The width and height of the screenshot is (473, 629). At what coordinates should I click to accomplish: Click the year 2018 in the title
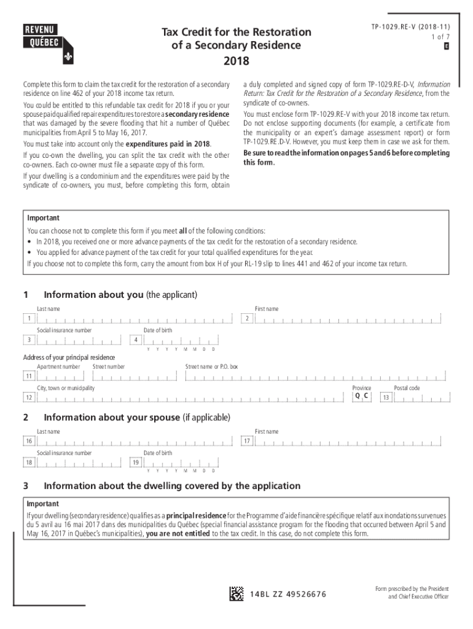[x=237, y=61]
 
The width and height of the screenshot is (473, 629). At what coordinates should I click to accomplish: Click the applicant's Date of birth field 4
[x=181, y=340]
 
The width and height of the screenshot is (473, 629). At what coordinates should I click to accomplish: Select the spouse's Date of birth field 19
[x=181, y=463]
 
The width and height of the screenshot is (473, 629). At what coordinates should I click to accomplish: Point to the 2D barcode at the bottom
[x=237, y=594]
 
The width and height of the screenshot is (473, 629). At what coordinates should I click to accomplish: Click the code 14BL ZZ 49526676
[x=289, y=595]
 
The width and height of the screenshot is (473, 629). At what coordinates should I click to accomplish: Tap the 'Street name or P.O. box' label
[x=211, y=367]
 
